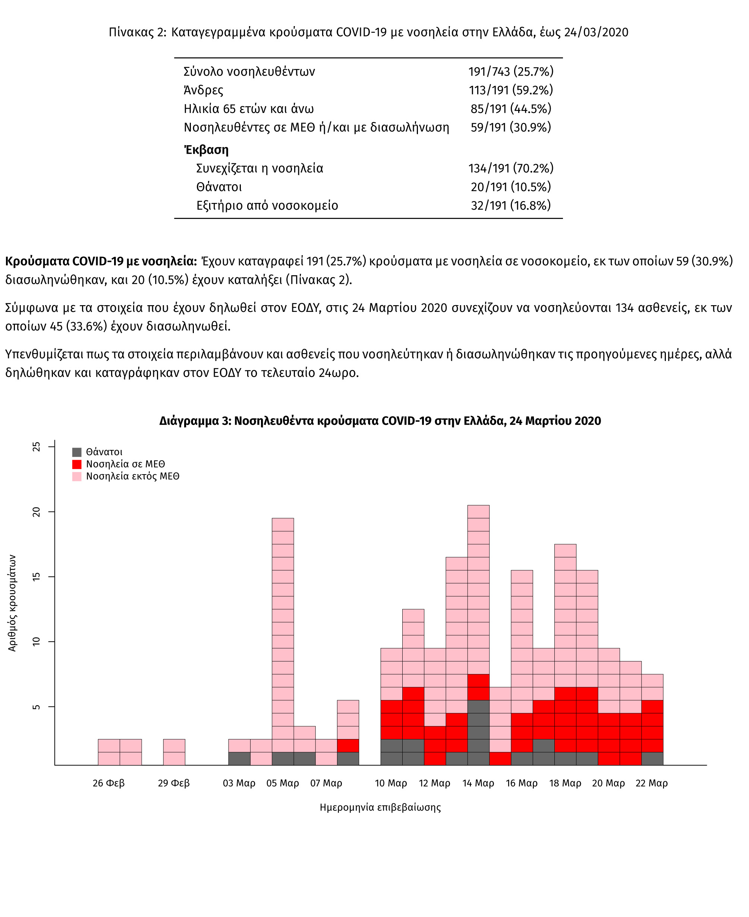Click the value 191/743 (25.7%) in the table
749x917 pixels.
point(511,71)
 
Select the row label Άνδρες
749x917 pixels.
point(204,90)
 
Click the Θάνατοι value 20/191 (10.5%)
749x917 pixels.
point(511,187)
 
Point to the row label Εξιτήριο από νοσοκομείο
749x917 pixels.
point(267,205)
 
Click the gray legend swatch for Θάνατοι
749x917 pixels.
point(77,452)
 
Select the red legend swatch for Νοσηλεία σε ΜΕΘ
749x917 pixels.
point(77,464)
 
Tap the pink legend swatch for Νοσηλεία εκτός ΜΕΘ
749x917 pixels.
point(77,476)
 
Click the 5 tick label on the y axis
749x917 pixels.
point(37,707)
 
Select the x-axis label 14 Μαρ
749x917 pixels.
point(478,783)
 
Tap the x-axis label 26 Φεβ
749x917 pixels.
point(109,783)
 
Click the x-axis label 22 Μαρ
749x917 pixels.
point(651,783)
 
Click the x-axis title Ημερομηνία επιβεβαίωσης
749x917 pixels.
point(380,807)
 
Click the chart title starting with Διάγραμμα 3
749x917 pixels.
point(380,421)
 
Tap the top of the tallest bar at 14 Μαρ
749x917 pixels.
point(478,505)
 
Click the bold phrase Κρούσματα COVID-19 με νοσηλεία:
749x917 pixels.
point(101,261)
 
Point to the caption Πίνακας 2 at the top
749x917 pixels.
point(137,32)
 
